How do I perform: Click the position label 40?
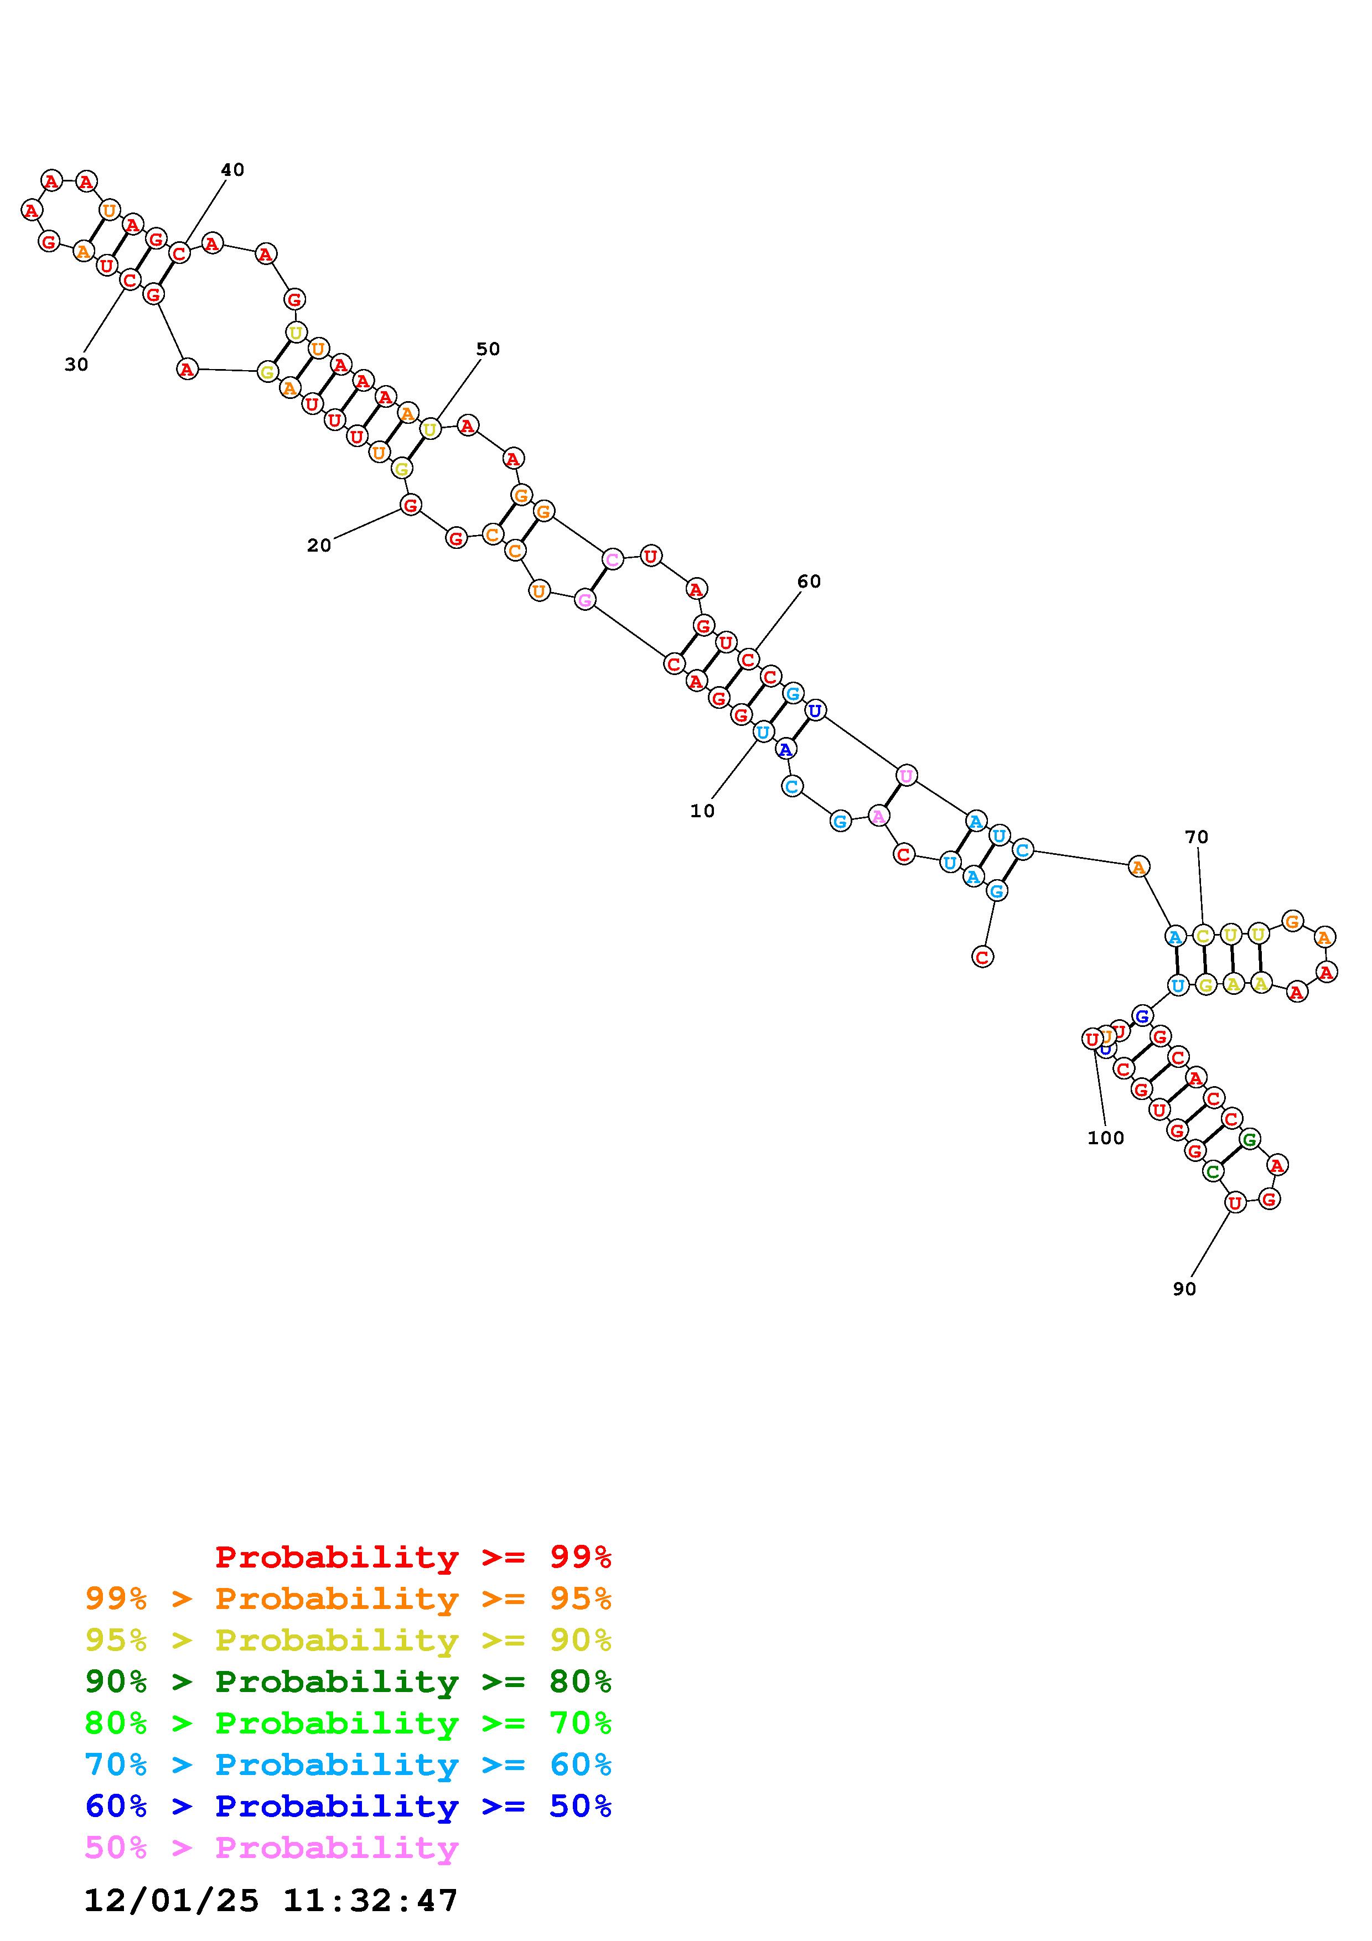click(232, 170)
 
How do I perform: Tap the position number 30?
click(76, 365)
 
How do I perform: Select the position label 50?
click(488, 349)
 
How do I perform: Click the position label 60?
click(809, 582)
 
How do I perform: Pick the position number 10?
click(702, 811)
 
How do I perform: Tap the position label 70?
click(1196, 837)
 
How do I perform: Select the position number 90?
click(1184, 1288)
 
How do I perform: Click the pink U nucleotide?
click(906, 775)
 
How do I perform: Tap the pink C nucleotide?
click(612, 559)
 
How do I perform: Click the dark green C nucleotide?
click(1213, 1172)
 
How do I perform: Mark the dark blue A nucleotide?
click(786, 749)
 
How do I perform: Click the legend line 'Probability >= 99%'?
click(413, 1557)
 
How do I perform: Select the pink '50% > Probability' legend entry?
click(271, 1848)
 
